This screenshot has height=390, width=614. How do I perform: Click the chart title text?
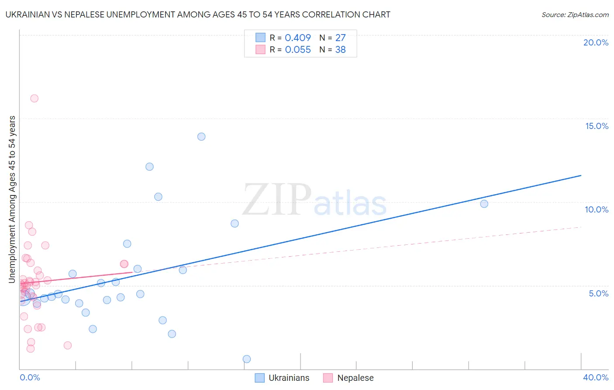click(x=198, y=14)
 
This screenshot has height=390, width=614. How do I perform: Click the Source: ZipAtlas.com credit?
click(x=575, y=14)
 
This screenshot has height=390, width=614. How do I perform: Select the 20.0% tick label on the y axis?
click(x=596, y=42)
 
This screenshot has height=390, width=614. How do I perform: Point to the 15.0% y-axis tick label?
click(x=597, y=126)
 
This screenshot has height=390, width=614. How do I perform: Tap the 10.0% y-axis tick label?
click(x=597, y=209)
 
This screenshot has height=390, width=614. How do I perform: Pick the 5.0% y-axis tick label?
click(x=598, y=293)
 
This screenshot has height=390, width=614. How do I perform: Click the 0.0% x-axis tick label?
click(x=30, y=377)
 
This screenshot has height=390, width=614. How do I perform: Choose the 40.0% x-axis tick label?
click(x=595, y=377)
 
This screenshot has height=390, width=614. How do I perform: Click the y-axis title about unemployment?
click(x=12, y=199)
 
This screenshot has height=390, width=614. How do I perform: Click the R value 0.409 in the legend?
click(x=298, y=38)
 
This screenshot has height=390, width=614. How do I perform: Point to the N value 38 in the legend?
click(x=340, y=50)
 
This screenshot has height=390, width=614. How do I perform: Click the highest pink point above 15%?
click(x=34, y=98)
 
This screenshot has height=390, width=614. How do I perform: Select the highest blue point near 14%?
click(x=201, y=136)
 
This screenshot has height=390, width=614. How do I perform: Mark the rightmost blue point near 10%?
click(x=484, y=204)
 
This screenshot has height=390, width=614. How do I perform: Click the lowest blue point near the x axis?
click(x=247, y=359)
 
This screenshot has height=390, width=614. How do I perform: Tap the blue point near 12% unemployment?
click(x=149, y=167)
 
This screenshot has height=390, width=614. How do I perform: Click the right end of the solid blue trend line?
click(x=581, y=175)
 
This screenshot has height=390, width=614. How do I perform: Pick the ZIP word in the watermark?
click(x=276, y=200)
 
